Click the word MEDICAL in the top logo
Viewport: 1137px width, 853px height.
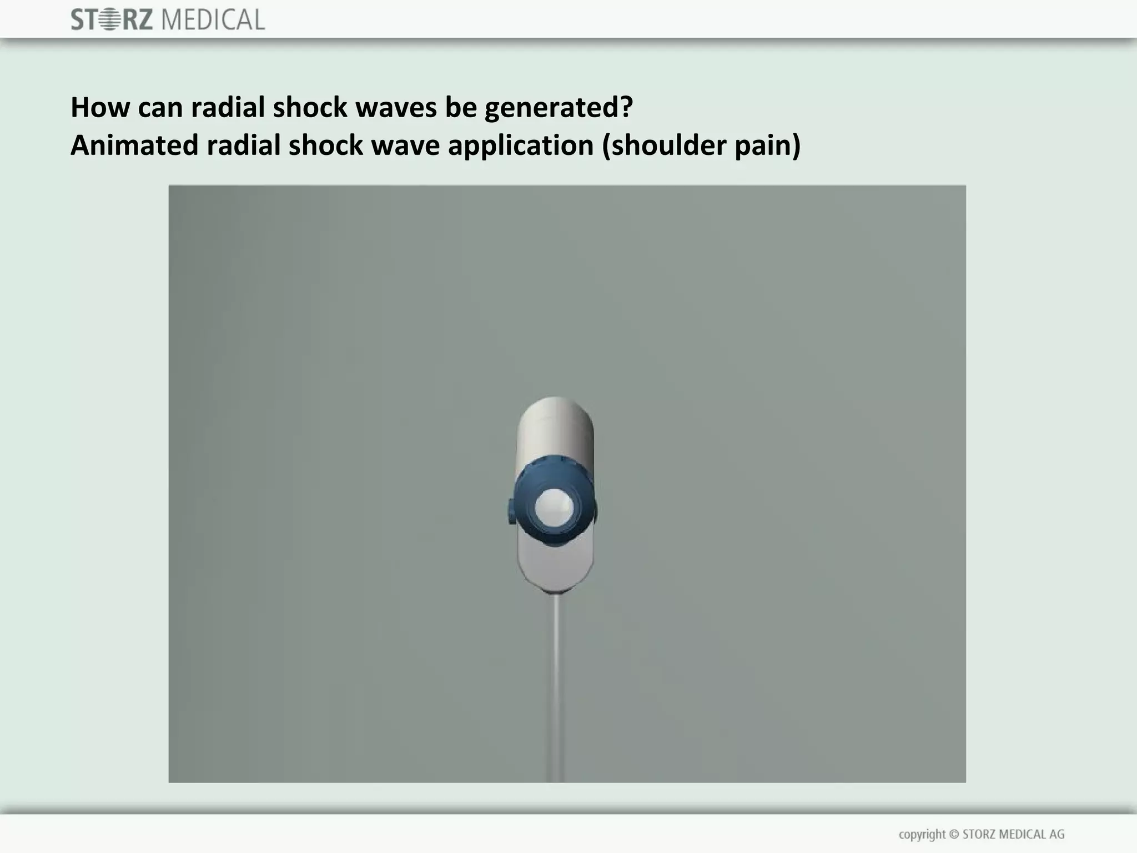213,21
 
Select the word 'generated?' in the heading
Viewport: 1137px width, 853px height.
559,108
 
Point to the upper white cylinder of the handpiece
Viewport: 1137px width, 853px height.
555,428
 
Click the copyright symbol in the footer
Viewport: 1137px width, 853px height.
954,834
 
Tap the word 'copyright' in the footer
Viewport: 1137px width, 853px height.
922,835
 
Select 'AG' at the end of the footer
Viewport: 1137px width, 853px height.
1056,834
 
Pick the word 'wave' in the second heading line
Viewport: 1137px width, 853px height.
404,145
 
